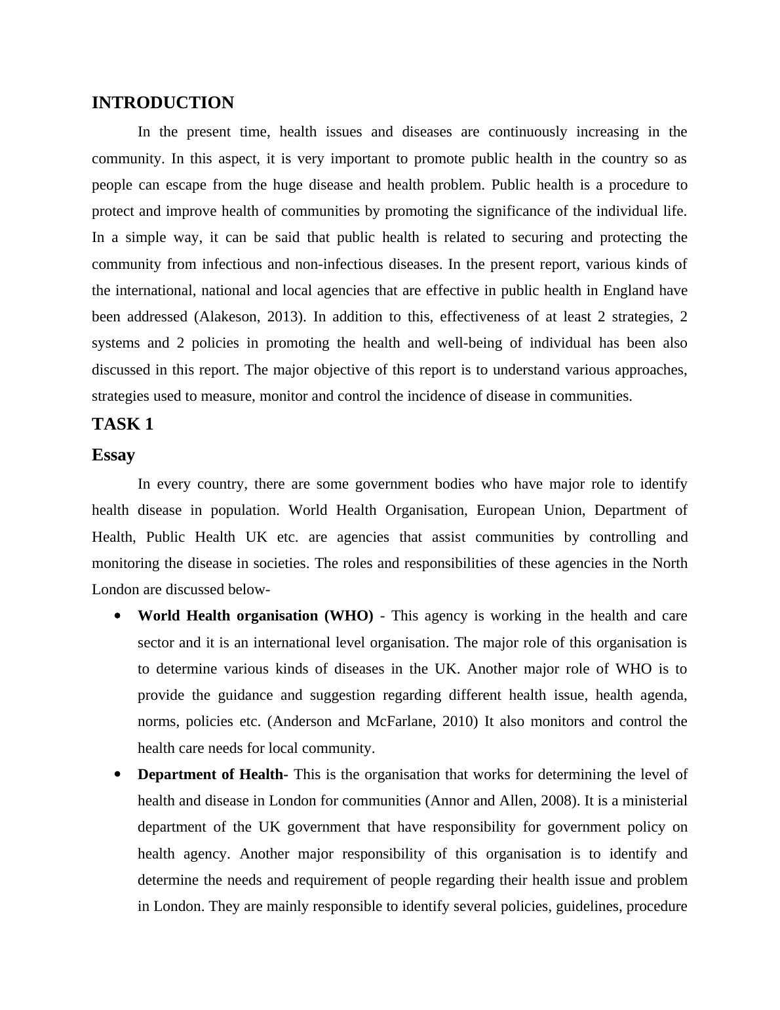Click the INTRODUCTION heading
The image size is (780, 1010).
(163, 103)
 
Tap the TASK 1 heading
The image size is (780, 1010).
(123, 424)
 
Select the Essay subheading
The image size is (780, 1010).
(113, 455)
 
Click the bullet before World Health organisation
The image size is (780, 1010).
(118, 616)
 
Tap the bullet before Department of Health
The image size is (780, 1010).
(118, 775)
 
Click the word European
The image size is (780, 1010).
(503, 510)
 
